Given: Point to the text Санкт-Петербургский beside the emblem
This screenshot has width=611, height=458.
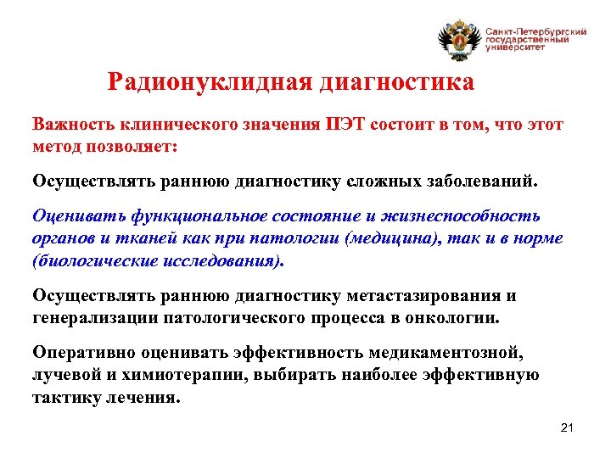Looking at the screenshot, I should click(x=535, y=31).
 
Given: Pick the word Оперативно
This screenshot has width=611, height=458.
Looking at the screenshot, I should click(x=82, y=351).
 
